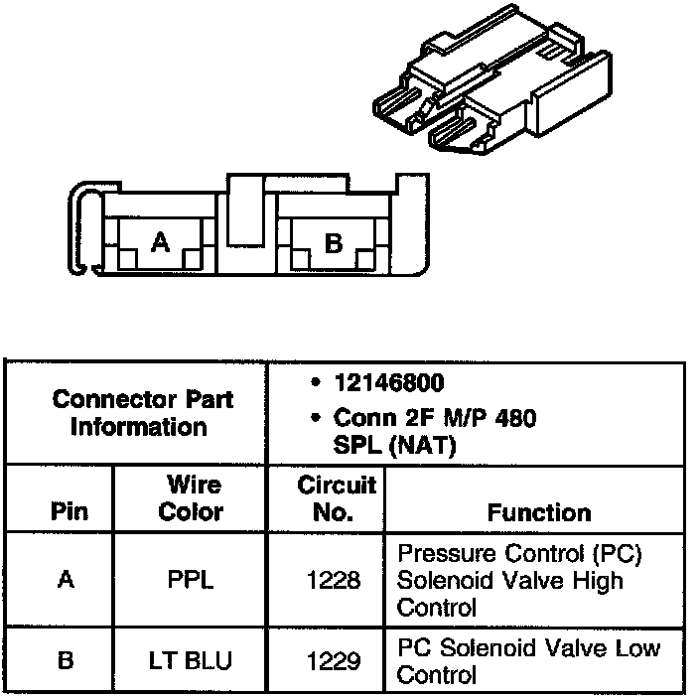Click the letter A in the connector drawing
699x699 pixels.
coord(160,241)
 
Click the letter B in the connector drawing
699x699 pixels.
coord(334,242)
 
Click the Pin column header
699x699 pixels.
coord(68,512)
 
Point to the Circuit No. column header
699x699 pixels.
coord(337,498)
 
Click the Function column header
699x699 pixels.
coord(539,512)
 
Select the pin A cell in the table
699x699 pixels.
coord(66,579)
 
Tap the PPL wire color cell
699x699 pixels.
coord(191,579)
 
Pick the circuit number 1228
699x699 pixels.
coord(335,579)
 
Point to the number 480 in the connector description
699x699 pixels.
coord(514,417)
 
